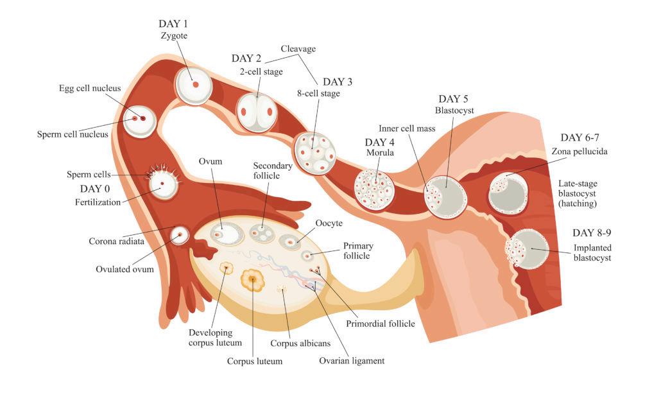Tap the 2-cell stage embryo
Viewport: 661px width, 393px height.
(258, 113)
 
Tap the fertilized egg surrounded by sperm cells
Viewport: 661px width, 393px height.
(163, 184)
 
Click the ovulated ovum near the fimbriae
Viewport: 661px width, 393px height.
(179, 236)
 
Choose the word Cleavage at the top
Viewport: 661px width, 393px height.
(298, 49)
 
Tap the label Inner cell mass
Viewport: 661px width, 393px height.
(407, 128)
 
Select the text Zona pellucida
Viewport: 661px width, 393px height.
(579, 152)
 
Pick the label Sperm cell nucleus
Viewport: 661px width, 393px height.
(73, 135)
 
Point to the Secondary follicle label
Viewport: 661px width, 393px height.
(273, 171)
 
